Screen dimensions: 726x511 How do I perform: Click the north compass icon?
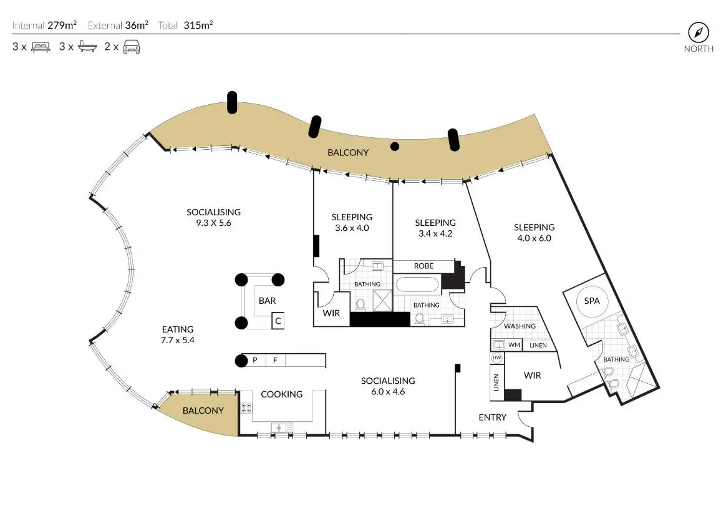click(698, 32)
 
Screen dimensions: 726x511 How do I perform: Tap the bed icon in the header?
click(41, 46)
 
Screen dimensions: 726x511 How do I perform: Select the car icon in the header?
click(131, 46)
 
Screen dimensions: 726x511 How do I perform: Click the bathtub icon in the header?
click(86, 46)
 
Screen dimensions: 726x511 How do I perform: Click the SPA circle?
click(591, 301)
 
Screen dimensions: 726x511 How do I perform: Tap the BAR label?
click(267, 301)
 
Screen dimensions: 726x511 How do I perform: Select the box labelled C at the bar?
click(278, 321)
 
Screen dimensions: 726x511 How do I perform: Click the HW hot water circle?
click(497, 358)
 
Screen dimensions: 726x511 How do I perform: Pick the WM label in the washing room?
click(515, 344)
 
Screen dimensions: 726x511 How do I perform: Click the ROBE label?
click(423, 266)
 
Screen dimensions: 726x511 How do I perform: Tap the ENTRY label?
click(492, 417)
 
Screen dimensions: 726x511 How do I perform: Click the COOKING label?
click(281, 394)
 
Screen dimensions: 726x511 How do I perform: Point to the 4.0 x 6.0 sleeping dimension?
click(534, 238)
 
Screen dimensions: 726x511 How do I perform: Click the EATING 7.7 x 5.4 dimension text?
click(178, 341)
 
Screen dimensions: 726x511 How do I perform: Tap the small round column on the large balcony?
click(394, 147)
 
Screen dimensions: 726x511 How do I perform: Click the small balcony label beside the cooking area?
click(203, 411)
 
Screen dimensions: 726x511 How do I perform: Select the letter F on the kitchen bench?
click(274, 360)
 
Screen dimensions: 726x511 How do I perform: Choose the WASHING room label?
click(520, 326)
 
